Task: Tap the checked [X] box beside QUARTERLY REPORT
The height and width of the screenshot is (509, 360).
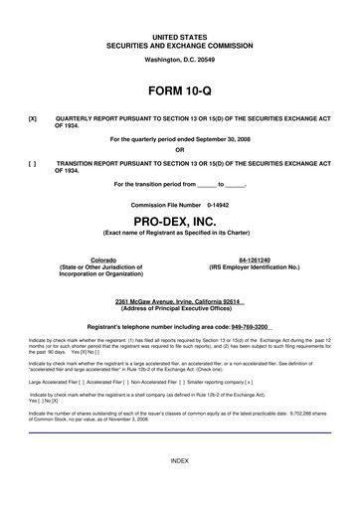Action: [x=34, y=117]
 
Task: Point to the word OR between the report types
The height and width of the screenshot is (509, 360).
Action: [x=179, y=151]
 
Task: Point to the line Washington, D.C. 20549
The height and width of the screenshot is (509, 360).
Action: [x=179, y=59]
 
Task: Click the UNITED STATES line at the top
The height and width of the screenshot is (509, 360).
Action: [x=179, y=36]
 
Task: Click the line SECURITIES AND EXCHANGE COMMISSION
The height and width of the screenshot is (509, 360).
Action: [x=179, y=45]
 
